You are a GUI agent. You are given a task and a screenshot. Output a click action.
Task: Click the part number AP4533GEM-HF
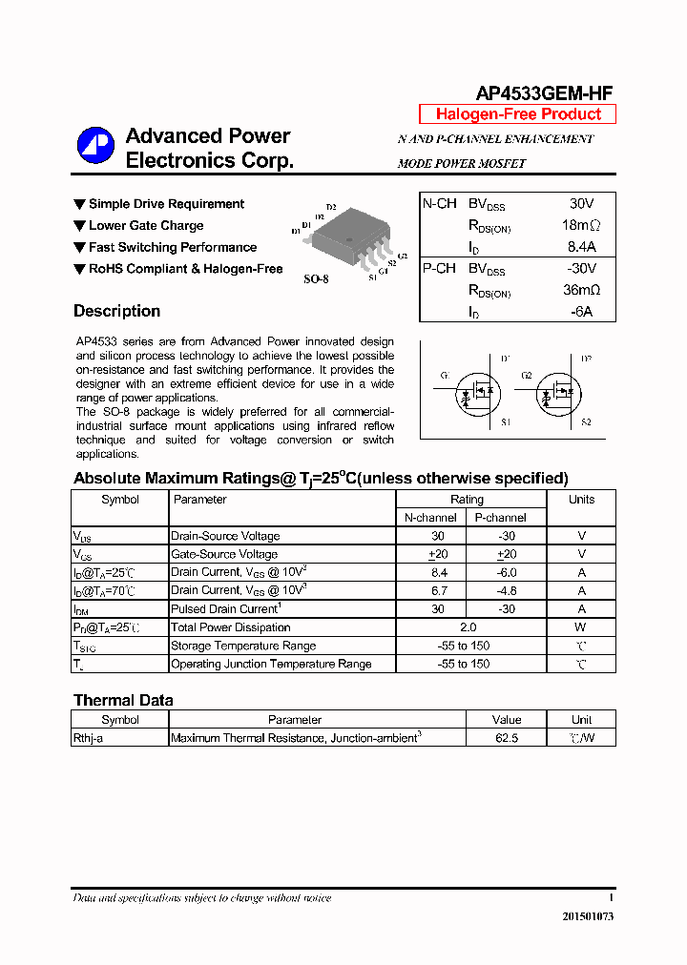[x=544, y=92]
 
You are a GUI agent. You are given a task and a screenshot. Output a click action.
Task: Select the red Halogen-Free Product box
[x=518, y=114]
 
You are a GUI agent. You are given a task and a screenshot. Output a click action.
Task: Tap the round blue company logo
[x=95, y=146]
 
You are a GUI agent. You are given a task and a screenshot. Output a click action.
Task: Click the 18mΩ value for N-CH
[x=580, y=226]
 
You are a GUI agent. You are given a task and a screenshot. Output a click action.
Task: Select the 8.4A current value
[x=580, y=247]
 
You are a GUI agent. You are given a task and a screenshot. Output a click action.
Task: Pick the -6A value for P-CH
[x=581, y=312]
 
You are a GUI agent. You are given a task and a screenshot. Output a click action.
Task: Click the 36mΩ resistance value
[x=580, y=290]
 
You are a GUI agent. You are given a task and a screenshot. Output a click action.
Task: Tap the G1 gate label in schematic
[x=445, y=376]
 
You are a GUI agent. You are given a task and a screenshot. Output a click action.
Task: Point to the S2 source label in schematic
[x=586, y=421]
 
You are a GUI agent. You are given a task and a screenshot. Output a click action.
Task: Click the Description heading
[x=116, y=311]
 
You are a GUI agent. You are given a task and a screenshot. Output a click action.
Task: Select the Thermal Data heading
[x=123, y=700]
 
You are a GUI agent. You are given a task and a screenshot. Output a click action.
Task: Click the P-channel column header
[x=500, y=518]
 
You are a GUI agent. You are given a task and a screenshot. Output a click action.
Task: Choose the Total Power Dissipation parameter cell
[x=231, y=627]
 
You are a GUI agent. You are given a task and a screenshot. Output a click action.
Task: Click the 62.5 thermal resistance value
[x=506, y=738]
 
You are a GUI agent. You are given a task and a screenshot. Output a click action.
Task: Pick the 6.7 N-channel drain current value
[x=439, y=591]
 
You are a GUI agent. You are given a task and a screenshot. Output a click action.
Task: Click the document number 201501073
[x=588, y=916]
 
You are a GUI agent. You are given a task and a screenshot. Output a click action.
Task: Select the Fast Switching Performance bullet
[x=172, y=247]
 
